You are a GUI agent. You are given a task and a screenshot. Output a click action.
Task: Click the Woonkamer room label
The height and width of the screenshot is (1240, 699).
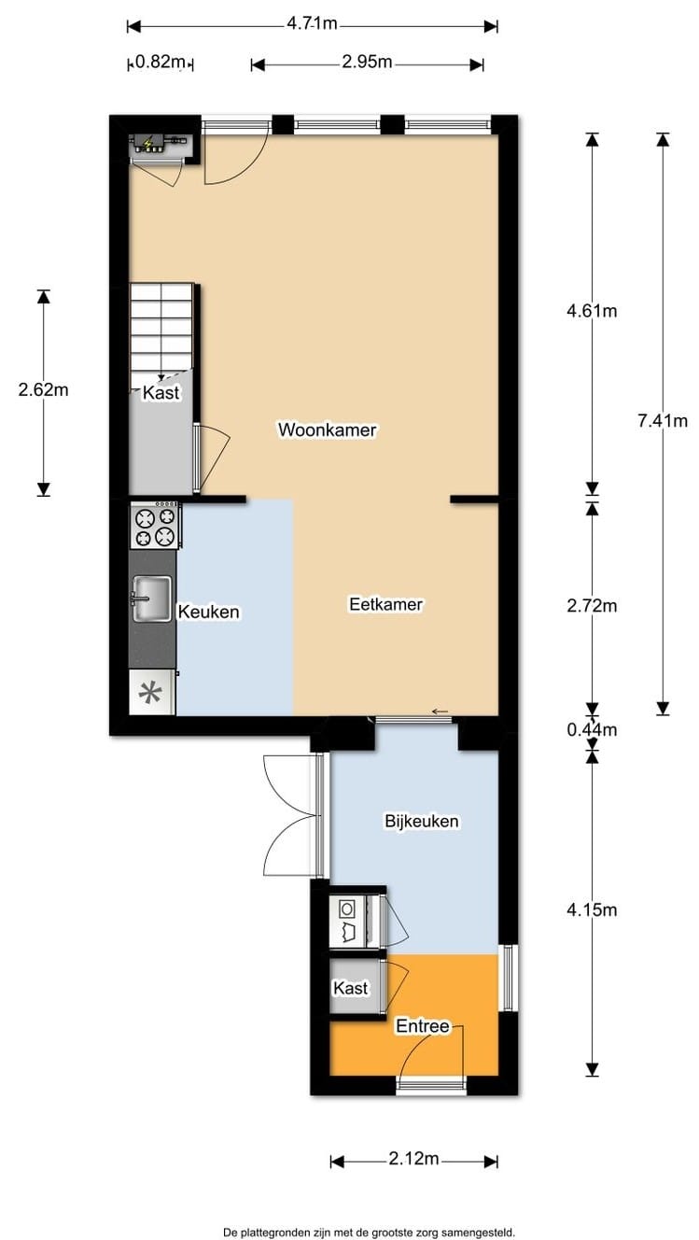point(327,430)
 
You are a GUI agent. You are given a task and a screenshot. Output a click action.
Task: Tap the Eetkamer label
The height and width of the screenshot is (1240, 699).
point(385,604)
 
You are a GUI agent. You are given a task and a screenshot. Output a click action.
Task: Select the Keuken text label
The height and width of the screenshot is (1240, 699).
point(209,612)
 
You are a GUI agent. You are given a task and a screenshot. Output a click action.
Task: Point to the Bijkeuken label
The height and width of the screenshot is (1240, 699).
point(422,821)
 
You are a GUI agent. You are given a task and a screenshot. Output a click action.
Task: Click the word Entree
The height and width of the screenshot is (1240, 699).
point(422,1026)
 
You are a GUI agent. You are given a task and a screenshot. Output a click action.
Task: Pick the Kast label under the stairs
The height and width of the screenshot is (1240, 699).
point(161,392)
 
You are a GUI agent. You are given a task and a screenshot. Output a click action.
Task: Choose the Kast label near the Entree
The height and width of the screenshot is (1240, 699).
point(350,988)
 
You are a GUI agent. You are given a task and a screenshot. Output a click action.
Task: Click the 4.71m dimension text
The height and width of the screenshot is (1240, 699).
point(312,23)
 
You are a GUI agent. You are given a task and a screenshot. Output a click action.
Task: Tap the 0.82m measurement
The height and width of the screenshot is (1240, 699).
point(160,62)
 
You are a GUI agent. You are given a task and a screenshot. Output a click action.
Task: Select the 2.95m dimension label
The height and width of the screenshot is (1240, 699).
point(367,62)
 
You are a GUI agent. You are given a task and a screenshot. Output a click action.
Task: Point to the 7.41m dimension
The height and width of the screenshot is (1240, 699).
point(663,421)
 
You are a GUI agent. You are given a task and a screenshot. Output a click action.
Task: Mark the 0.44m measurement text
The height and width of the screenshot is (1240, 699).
point(592,729)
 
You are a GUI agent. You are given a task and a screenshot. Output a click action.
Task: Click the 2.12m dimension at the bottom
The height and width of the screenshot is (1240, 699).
point(413,1158)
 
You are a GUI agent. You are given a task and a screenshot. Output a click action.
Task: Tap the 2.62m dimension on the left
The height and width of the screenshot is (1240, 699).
point(43,390)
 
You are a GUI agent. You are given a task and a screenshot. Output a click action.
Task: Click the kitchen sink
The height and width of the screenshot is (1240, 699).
point(151,599)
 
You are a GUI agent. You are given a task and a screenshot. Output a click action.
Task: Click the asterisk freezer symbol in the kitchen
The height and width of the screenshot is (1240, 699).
point(151,693)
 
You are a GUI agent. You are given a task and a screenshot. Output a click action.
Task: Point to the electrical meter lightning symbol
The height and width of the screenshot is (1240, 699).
point(148,145)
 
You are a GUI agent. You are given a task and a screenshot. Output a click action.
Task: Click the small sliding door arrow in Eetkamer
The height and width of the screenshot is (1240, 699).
point(440,712)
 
